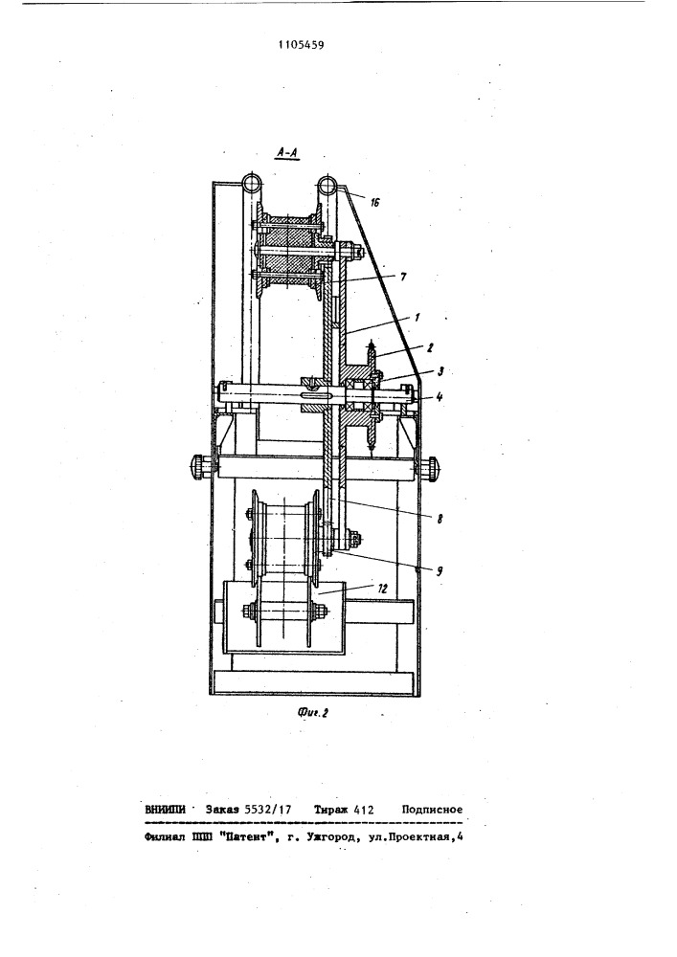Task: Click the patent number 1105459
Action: pos(301,44)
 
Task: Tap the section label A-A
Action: pos(285,154)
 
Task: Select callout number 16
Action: pos(375,202)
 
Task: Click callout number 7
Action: pos(402,278)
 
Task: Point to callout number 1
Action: pos(417,318)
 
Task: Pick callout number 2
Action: pos(430,348)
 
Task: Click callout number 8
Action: pos(440,520)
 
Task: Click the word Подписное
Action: pos(432,810)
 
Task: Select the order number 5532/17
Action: pos(267,810)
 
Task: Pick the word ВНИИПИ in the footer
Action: pos(166,810)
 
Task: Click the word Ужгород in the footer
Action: pos(333,838)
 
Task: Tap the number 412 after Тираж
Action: pos(363,810)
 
